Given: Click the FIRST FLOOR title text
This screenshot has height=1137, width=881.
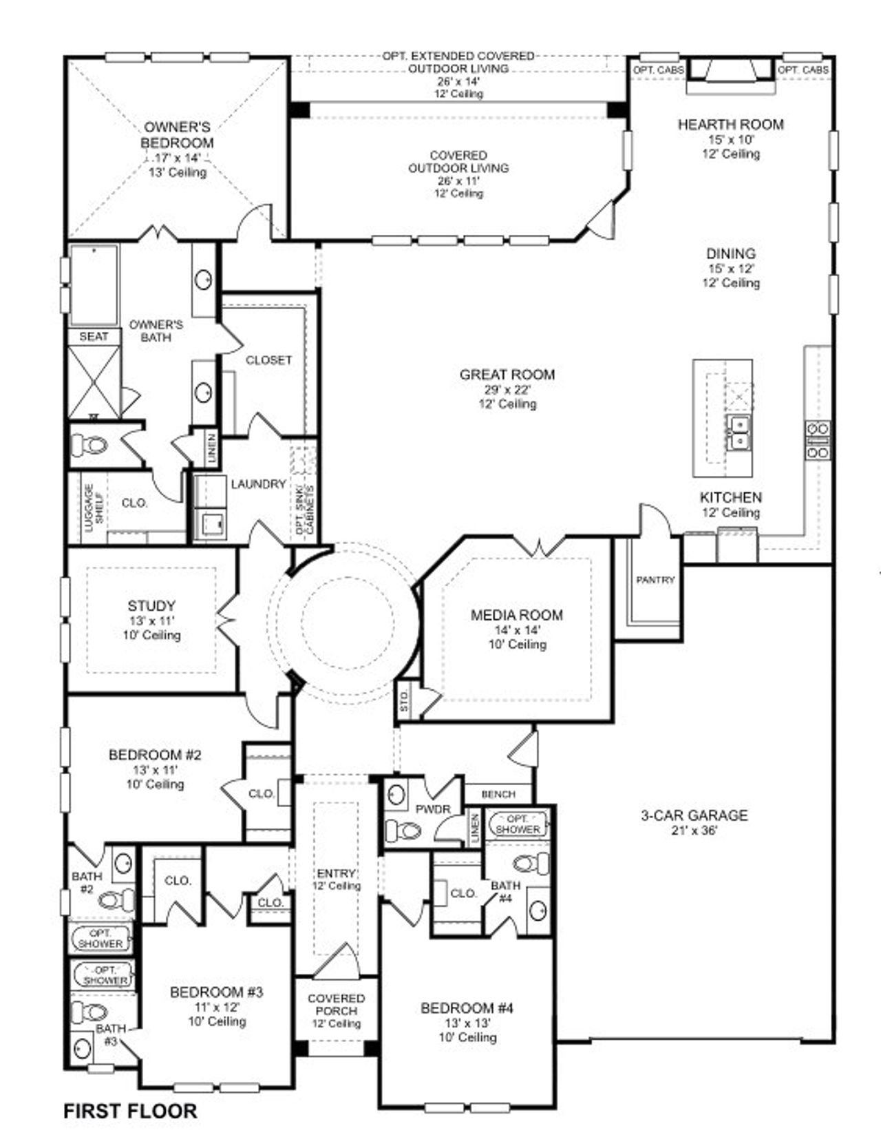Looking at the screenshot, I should click(x=130, y=1110).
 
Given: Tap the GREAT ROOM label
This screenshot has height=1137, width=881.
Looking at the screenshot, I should click(x=507, y=375).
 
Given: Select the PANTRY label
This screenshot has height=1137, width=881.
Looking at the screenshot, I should click(x=655, y=580).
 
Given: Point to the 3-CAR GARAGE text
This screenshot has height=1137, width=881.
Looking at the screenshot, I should click(x=694, y=815).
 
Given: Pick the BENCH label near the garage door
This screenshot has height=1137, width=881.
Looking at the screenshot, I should click(x=498, y=794).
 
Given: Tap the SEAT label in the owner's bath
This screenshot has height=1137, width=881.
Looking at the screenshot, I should click(x=94, y=336).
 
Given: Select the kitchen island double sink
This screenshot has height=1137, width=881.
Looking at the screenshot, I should click(x=737, y=432).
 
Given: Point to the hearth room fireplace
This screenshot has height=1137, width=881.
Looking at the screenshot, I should click(x=730, y=72).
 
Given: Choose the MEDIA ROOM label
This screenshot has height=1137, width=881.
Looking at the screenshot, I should click(x=516, y=615).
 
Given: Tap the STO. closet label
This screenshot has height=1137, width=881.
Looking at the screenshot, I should click(x=405, y=701).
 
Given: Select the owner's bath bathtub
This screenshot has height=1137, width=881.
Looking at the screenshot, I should click(x=94, y=284).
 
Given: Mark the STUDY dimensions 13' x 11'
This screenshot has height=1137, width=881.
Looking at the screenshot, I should click(x=151, y=620).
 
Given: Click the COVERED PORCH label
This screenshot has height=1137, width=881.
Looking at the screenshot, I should click(x=336, y=1004).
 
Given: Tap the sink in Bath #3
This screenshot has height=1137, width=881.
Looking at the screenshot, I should click(x=83, y=1048).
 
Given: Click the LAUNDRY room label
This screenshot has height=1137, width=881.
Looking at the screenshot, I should click(x=258, y=484).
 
